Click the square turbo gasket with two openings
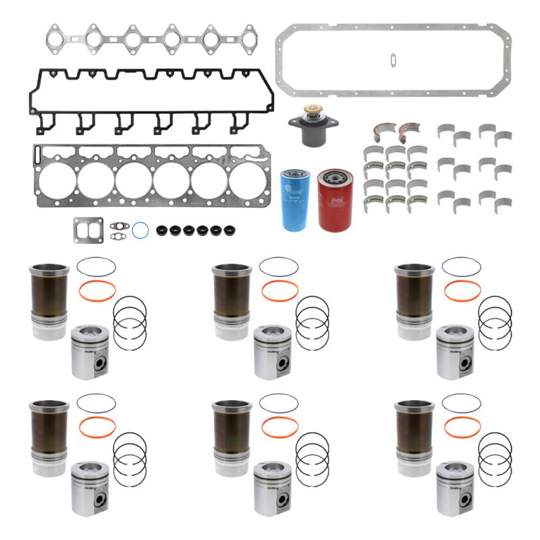(88, 230)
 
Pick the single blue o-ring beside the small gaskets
(140, 230)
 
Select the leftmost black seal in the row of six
(161, 230)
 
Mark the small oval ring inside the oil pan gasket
(392, 60)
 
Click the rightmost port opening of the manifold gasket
(248, 38)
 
